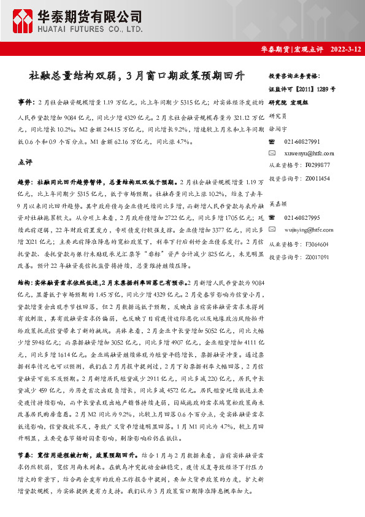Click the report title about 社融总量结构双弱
pyautogui.click(x=137, y=76)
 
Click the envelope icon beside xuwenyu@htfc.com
pyautogui.click(x=272, y=152)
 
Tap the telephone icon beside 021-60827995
pyautogui.click(x=272, y=219)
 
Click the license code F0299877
pyautogui.click(x=317, y=165)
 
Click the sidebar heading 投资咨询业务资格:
pyautogui.click(x=294, y=76)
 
